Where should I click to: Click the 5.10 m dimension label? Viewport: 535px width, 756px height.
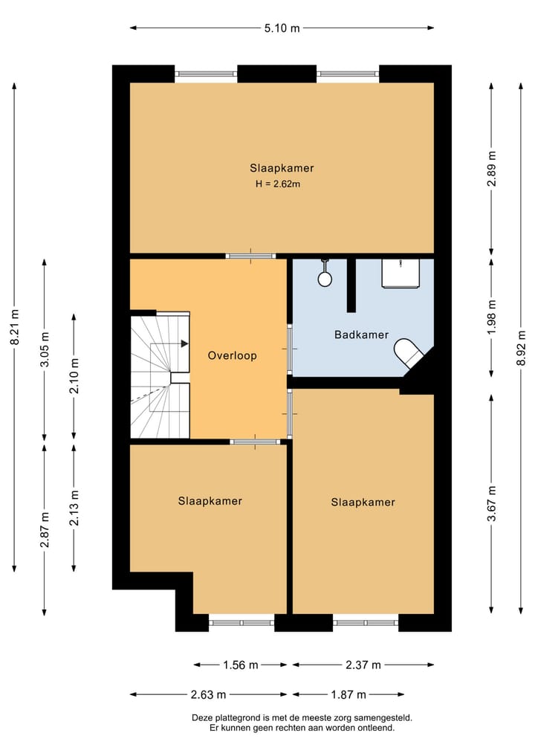click(282, 28)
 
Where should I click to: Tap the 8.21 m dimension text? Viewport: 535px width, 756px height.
click(14, 328)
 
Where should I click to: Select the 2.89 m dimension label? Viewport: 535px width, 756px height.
click(492, 169)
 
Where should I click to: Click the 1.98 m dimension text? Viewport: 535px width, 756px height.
click(492, 317)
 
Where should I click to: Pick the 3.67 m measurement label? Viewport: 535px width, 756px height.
click(492, 503)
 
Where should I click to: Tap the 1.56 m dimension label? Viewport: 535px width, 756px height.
click(241, 665)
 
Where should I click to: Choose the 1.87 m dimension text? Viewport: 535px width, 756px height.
click(348, 695)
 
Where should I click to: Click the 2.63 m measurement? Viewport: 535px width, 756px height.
click(208, 695)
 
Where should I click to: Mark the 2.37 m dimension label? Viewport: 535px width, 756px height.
click(363, 665)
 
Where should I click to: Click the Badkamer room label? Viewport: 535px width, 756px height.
click(361, 335)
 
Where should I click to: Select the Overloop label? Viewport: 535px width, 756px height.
click(233, 356)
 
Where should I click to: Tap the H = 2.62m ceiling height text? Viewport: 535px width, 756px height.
click(277, 184)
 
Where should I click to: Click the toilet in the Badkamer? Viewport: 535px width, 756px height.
click(409, 352)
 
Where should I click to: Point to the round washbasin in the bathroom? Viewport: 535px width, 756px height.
click(325, 279)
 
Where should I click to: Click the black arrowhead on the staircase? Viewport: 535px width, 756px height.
click(184, 343)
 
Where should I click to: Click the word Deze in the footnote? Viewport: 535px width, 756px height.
click(202, 718)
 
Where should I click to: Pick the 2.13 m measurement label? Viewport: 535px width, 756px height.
click(74, 508)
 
